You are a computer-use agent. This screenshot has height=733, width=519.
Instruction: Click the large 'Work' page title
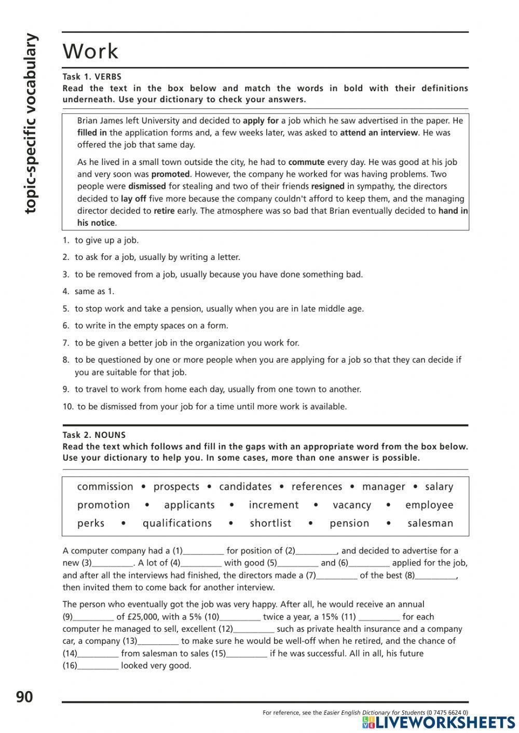[x=90, y=51]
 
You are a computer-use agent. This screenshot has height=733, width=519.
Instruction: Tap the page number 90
[x=24, y=697]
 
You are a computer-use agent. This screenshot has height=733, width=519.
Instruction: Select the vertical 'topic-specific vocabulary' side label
[x=31, y=123]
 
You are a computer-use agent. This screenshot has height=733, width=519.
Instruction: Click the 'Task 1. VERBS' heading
[x=92, y=77]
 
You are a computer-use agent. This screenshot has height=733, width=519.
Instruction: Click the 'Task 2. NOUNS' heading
[x=94, y=435]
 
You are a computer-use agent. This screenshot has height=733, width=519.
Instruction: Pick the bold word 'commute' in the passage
[x=306, y=162]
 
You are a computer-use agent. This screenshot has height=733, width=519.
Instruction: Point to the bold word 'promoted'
[x=171, y=174]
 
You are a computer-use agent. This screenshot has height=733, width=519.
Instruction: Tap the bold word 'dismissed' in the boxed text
[x=147, y=186]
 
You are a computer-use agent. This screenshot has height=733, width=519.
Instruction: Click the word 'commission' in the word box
[x=105, y=487]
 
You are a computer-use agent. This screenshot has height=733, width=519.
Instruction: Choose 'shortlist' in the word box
[x=270, y=523]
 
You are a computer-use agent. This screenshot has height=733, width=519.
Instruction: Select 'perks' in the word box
[x=91, y=523]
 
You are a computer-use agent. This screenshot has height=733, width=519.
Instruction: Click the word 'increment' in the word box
[x=274, y=505]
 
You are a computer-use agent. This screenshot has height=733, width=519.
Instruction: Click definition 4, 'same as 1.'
[x=94, y=292]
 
